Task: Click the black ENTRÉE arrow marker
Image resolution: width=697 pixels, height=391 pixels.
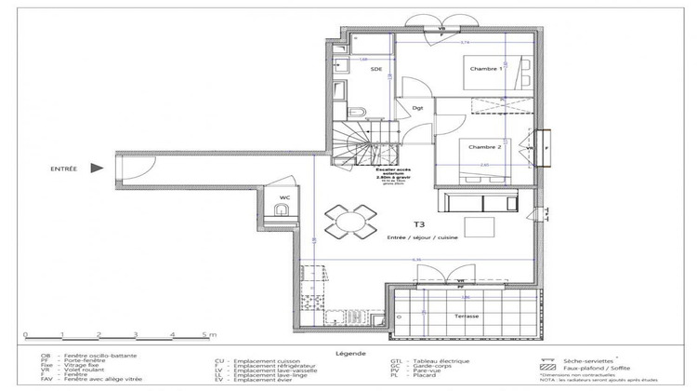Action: coord(96,169)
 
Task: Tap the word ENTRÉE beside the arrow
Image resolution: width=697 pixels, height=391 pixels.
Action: coord(64,169)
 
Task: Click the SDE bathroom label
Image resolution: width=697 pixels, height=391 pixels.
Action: coord(376,69)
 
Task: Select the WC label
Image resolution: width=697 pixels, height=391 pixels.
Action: coord(285,196)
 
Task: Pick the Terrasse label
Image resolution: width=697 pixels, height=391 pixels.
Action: coord(467,317)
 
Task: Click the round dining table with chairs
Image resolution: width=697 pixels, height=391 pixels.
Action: coord(351,222)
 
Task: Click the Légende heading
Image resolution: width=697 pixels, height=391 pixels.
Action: coord(348,353)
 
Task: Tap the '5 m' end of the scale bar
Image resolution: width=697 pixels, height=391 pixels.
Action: coord(210,332)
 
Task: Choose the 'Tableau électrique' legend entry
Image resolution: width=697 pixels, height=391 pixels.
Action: coord(441,360)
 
